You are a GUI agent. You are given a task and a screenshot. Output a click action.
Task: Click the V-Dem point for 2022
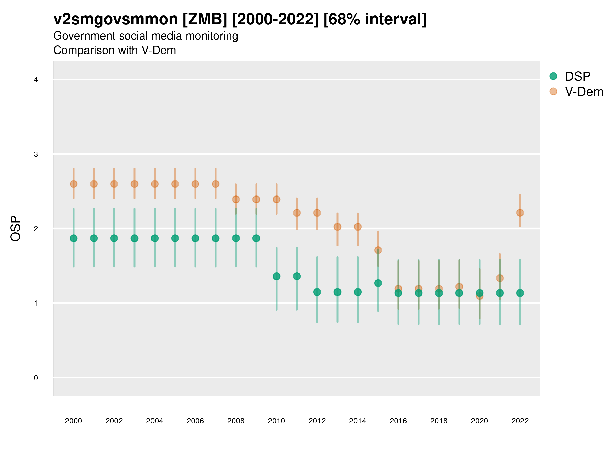click(520, 213)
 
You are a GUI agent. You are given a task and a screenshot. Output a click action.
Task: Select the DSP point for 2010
click(276, 276)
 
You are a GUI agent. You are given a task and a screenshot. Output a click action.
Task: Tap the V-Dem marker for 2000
click(74, 184)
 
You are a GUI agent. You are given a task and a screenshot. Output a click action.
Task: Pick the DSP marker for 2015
click(378, 283)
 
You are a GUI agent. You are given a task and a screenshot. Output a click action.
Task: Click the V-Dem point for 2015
click(378, 250)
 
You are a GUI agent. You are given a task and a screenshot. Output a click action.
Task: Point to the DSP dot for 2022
click(520, 293)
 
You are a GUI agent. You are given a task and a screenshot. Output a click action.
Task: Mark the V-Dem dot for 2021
click(500, 278)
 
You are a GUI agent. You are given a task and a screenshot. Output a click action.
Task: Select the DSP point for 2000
click(74, 238)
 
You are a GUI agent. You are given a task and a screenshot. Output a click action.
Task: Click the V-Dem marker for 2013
click(337, 227)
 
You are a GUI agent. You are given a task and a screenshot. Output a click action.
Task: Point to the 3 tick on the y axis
click(36, 154)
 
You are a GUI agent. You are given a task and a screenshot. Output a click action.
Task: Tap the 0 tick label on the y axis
click(36, 378)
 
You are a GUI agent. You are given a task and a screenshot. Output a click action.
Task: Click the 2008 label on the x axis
click(236, 421)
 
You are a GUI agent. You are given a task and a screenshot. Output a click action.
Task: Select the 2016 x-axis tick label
click(398, 421)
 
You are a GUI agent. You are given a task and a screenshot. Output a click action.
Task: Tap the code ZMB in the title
click(205, 19)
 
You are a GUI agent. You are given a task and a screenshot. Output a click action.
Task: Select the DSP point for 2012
click(317, 292)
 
